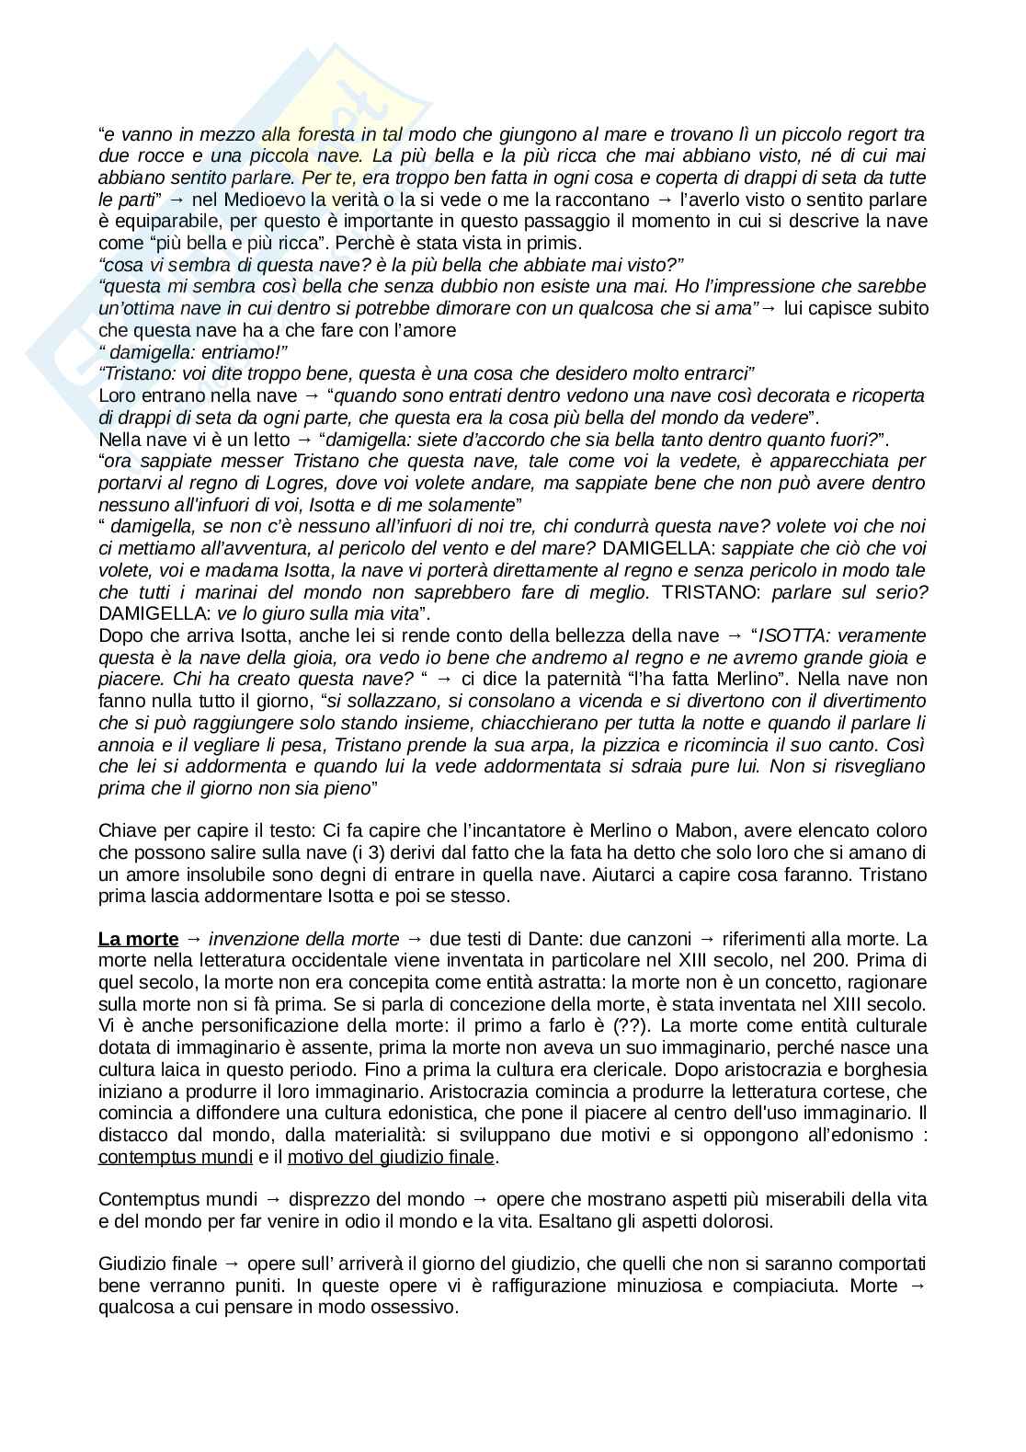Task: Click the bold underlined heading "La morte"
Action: tap(138, 939)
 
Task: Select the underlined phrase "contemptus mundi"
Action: tap(176, 1157)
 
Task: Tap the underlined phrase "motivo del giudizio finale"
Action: tap(391, 1157)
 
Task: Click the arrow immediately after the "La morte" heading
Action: tap(193, 939)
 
